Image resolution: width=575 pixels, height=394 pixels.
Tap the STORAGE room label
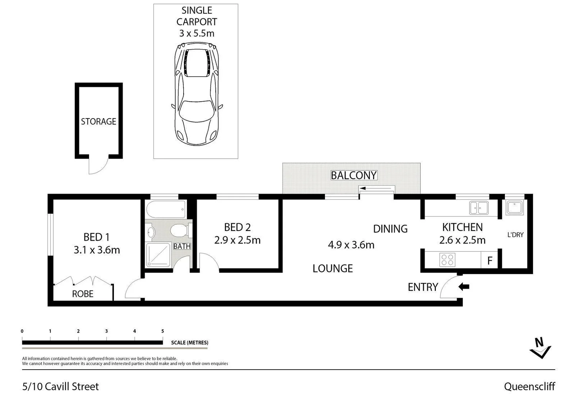pyautogui.click(x=98, y=121)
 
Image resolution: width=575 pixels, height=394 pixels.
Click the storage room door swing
pyautogui.click(x=97, y=166)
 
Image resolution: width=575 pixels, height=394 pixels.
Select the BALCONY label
pyautogui.click(x=353, y=175)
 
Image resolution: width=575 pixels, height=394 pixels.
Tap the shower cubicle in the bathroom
pyautogui.click(x=158, y=255)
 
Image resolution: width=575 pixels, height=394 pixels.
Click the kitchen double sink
pyautogui.click(x=479, y=208)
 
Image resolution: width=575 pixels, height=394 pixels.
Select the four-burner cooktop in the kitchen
pyautogui.click(x=447, y=260)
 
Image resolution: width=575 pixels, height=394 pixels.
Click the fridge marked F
pyautogui.click(x=490, y=260)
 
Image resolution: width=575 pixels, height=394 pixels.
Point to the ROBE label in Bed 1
pyautogui.click(x=83, y=294)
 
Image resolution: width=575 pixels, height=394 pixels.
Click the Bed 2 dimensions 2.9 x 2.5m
pyautogui.click(x=237, y=240)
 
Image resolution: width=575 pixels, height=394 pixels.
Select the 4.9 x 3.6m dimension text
pyautogui.click(x=351, y=245)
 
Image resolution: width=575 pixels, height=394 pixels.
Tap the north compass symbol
pyautogui.click(x=540, y=348)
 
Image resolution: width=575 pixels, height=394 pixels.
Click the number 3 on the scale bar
pyautogui.click(x=107, y=331)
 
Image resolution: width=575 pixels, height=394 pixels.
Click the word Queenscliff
pyautogui.click(x=529, y=386)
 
